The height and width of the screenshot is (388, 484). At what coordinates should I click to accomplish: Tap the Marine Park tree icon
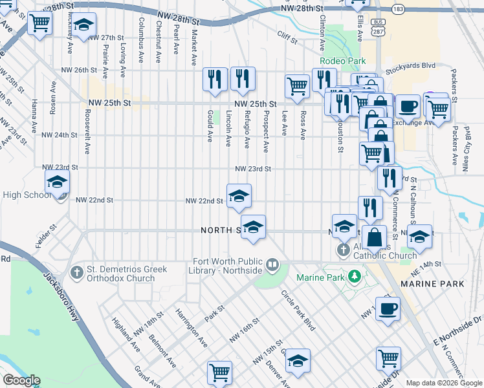click(x=354, y=277)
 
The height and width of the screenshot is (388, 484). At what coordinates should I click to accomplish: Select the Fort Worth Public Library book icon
click(x=272, y=264)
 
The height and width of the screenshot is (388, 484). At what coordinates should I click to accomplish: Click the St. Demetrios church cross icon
click(x=77, y=270)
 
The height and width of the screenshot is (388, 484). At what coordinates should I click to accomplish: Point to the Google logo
click(x=21, y=380)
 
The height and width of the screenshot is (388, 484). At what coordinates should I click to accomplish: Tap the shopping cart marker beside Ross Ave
click(x=297, y=85)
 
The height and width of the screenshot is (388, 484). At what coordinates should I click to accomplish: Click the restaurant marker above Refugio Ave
click(x=243, y=79)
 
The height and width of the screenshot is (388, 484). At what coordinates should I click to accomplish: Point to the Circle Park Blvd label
click(x=298, y=310)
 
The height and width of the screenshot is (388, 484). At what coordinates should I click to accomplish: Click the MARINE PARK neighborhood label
click(x=432, y=284)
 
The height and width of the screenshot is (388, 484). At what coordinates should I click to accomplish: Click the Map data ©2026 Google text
click(x=444, y=383)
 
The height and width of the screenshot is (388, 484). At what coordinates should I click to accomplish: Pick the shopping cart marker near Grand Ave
click(x=219, y=372)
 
